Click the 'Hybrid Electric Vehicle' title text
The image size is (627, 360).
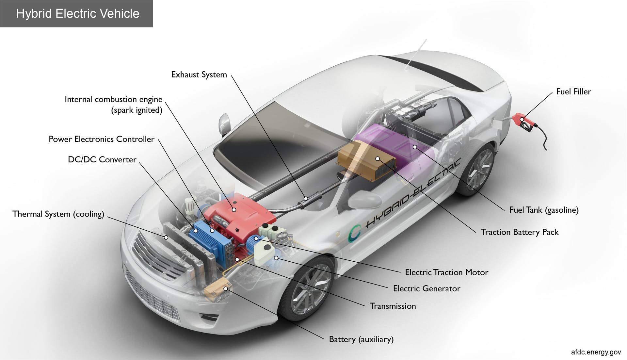pos(78,14)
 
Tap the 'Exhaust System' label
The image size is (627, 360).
pos(199,75)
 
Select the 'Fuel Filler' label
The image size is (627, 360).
pos(573,92)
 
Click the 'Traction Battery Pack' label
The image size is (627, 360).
pos(520,232)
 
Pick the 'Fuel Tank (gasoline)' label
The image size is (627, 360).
pos(544,210)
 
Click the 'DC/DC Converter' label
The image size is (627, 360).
pos(102,160)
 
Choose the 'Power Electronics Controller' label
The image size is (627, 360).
pos(101,139)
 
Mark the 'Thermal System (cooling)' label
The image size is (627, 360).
pos(58,214)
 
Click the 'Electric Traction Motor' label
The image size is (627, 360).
pos(446,272)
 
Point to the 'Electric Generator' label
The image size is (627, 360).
pos(426,289)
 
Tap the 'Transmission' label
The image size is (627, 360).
pos(393,306)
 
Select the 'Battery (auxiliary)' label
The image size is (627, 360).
pos(361,339)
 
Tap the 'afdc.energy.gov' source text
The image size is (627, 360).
pos(596,352)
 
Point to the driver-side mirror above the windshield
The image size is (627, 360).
pos(225,124)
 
